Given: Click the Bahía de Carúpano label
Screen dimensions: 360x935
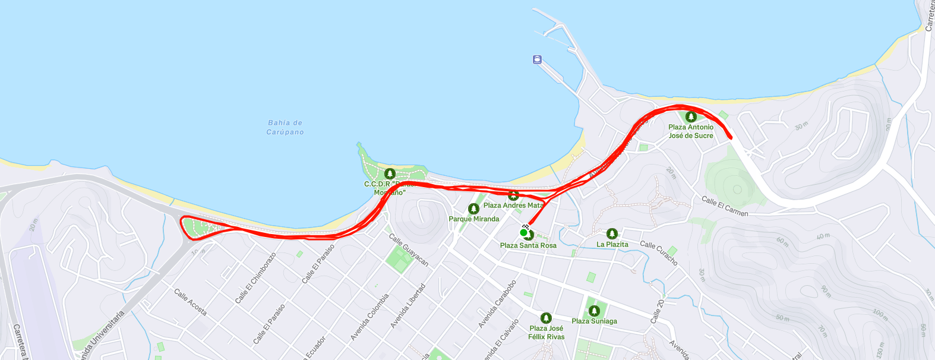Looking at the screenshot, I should [x=285, y=127].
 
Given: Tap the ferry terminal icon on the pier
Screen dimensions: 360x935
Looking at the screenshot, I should [x=537, y=59].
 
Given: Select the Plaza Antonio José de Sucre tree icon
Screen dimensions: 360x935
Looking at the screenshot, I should [x=691, y=116].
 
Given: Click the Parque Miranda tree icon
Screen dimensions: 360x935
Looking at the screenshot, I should [x=473, y=209].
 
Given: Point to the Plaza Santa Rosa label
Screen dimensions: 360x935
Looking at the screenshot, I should [x=528, y=245].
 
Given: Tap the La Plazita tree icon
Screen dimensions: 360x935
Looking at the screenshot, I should [x=612, y=233].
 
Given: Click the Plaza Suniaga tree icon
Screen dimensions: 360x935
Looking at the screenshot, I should [x=594, y=311].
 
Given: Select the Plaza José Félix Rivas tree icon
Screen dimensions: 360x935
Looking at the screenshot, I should [x=546, y=318].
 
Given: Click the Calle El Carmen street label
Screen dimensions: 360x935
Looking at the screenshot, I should [x=725, y=206].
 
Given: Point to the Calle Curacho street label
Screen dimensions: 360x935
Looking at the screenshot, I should [x=659, y=252].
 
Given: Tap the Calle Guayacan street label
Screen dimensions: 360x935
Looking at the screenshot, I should [x=409, y=250].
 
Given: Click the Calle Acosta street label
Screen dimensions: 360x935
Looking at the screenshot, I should [x=191, y=302].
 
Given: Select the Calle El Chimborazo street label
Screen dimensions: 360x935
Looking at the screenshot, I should [x=255, y=278].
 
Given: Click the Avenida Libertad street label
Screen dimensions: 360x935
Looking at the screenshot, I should [x=408, y=306].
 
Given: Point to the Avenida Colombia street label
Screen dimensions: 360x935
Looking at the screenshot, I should [x=369, y=317].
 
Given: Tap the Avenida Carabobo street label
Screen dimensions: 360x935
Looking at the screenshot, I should [x=497, y=304].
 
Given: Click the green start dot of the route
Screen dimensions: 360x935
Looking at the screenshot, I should [x=523, y=232].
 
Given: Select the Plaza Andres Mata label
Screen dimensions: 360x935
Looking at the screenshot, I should [x=513, y=206].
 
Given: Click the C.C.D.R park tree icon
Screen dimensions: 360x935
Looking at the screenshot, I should [x=390, y=173].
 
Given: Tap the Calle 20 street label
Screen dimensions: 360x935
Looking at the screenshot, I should [x=656, y=311].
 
